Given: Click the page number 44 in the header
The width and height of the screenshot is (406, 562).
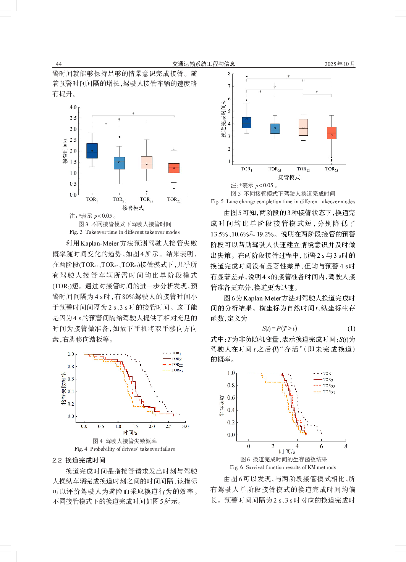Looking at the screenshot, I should [x=58, y=64].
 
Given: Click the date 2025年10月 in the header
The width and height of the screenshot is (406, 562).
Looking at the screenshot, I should [x=340, y=64].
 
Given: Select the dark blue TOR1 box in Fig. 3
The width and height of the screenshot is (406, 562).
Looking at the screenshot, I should [x=92, y=151].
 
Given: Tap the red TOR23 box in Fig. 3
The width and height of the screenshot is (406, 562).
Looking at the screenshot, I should [x=174, y=168].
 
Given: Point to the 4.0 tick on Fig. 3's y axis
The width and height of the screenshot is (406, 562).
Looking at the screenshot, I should [x=73, y=107].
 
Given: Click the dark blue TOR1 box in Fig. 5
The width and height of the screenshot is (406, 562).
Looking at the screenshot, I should [x=247, y=122].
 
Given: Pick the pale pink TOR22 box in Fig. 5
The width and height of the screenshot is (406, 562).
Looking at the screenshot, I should [x=303, y=127].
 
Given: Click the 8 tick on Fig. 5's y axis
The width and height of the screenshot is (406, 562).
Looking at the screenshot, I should [x=229, y=74].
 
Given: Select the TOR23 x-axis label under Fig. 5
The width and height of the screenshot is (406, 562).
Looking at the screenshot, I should [x=331, y=169].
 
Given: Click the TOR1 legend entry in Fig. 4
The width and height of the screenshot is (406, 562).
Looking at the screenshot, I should [x=176, y=353].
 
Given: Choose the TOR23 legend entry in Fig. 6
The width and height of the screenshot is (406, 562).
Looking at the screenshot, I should [x=328, y=392].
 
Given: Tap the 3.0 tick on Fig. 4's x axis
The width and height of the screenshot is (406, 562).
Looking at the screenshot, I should [x=185, y=426].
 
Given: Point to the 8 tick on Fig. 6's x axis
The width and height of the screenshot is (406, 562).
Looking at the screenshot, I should [x=346, y=446].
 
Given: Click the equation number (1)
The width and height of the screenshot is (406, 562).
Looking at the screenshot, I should [x=351, y=329].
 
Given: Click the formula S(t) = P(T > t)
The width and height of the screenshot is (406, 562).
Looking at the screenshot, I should [x=280, y=329].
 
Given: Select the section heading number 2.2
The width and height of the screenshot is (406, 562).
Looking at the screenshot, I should [x=57, y=460].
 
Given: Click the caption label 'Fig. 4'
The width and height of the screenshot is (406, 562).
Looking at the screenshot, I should [x=81, y=449].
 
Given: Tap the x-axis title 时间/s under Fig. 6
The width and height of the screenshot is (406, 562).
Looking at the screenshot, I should [x=287, y=452].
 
